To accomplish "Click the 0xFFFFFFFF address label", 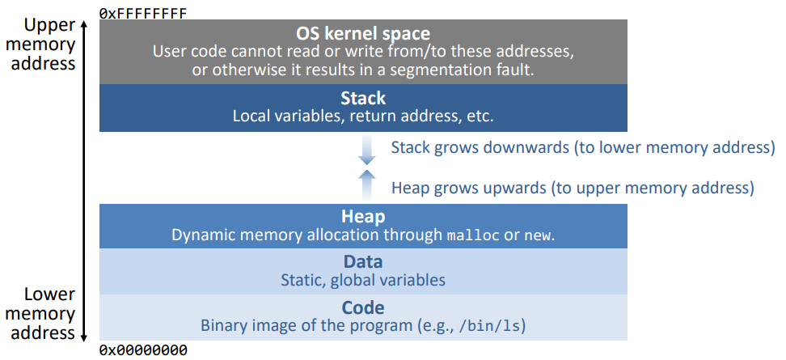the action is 143,13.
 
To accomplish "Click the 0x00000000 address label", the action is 143,350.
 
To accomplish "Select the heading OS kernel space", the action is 363,34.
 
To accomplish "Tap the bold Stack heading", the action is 363,98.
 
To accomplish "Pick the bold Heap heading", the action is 363,217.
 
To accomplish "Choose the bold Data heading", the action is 363,262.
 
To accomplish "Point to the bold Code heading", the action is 363,307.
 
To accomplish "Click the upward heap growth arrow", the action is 367,184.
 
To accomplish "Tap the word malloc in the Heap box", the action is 473,235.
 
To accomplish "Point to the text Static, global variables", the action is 363,279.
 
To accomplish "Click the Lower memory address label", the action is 43,314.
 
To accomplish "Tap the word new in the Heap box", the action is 538,235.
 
